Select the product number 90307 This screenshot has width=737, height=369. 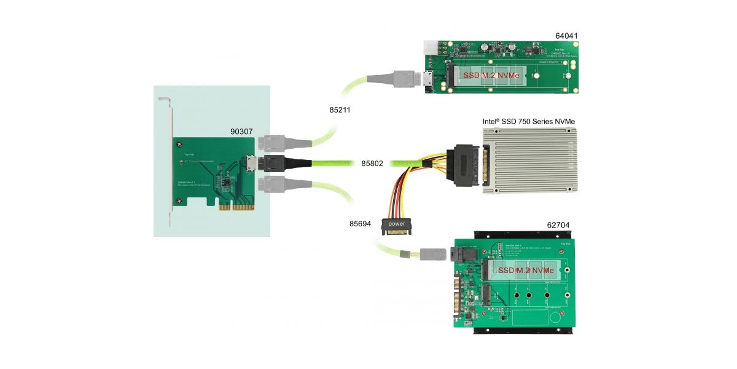point(241,132)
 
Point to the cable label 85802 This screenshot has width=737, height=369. point(372,164)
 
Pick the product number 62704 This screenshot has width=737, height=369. point(559,225)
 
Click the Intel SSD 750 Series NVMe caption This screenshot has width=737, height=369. point(529,121)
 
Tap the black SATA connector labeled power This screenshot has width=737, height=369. point(396,225)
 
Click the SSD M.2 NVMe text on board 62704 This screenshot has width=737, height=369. point(526,271)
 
